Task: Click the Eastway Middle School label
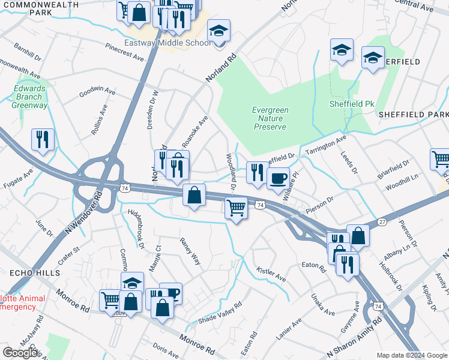[167, 43]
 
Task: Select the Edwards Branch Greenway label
[29, 97]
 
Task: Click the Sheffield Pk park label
[352, 104]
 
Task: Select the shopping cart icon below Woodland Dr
[236, 208]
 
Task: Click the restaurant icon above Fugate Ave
[43, 139]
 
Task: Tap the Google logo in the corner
[20, 352]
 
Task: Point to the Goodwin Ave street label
[97, 92]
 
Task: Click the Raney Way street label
[191, 251]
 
